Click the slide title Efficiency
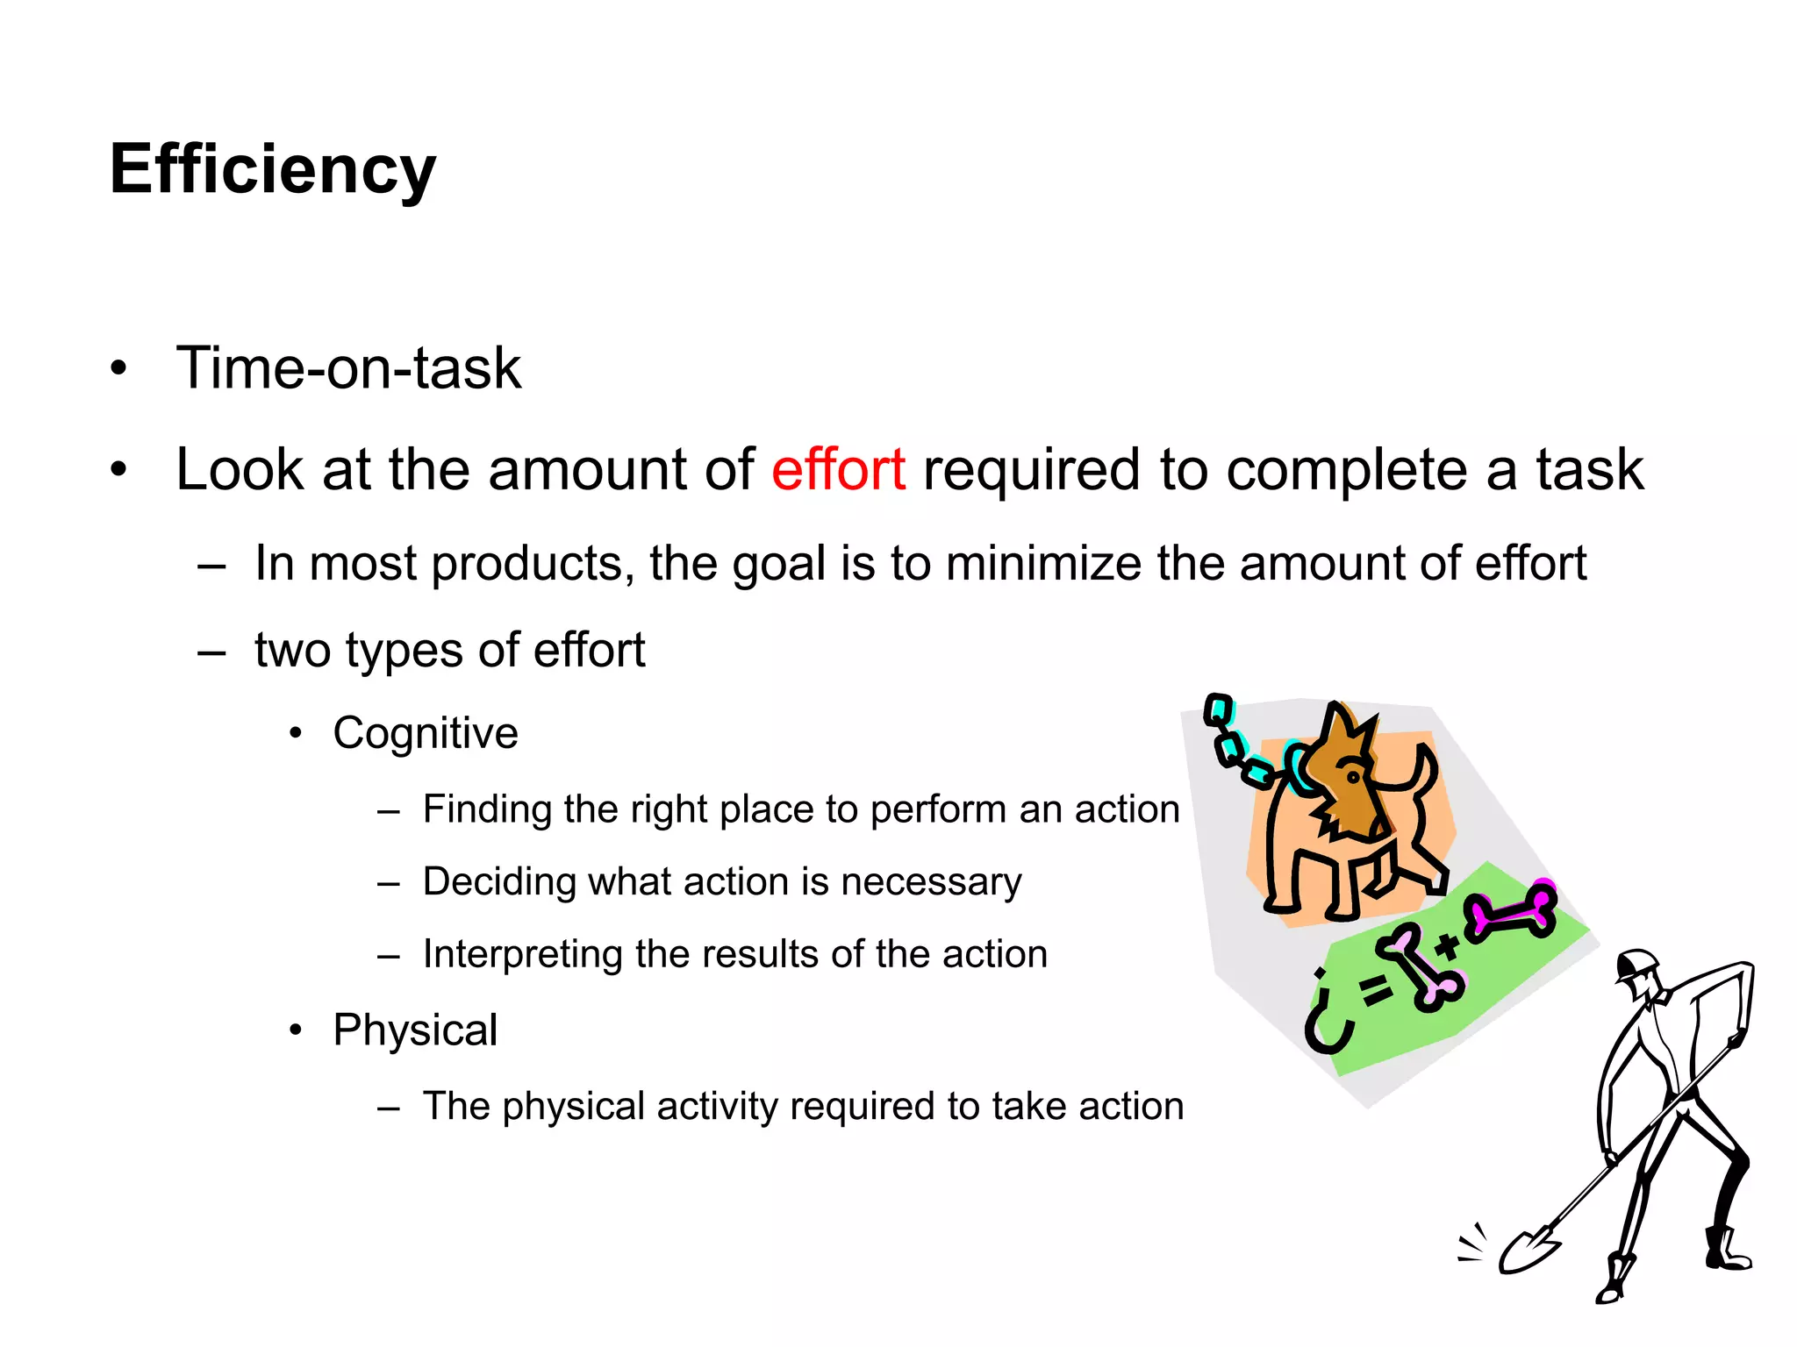272,169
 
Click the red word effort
838,469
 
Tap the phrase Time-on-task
348,367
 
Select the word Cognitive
426,733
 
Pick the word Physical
415,1030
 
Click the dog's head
1347,772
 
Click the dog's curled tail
1417,772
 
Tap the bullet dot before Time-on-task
119,368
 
